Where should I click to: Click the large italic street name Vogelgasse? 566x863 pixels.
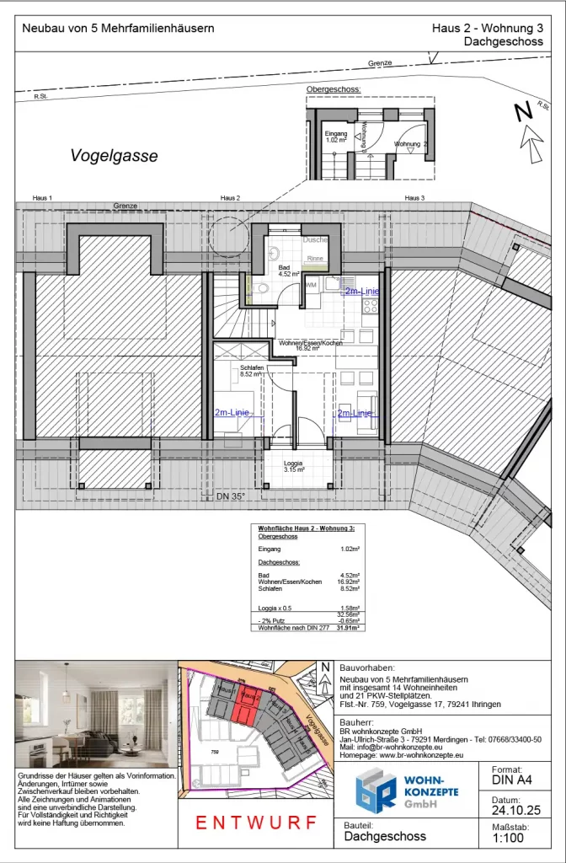[x=114, y=156]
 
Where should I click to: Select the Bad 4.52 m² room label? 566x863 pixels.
[x=284, y=270]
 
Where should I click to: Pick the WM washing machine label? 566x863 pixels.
[x=310, y=286]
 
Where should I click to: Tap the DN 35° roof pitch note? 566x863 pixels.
[x=229, y=496]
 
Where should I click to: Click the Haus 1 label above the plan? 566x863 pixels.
[x=42, y=197]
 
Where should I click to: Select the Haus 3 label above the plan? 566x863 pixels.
[x=413, y=197]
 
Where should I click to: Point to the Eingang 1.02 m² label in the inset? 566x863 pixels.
[x=336, y=137]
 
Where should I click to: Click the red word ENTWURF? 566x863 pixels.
[x=256, y=822]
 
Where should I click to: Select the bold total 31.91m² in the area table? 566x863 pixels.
[x=348, y=628]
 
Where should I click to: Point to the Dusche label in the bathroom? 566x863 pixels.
[x=315, y=240]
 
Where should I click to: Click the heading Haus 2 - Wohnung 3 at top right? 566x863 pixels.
[x=487, y=28]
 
